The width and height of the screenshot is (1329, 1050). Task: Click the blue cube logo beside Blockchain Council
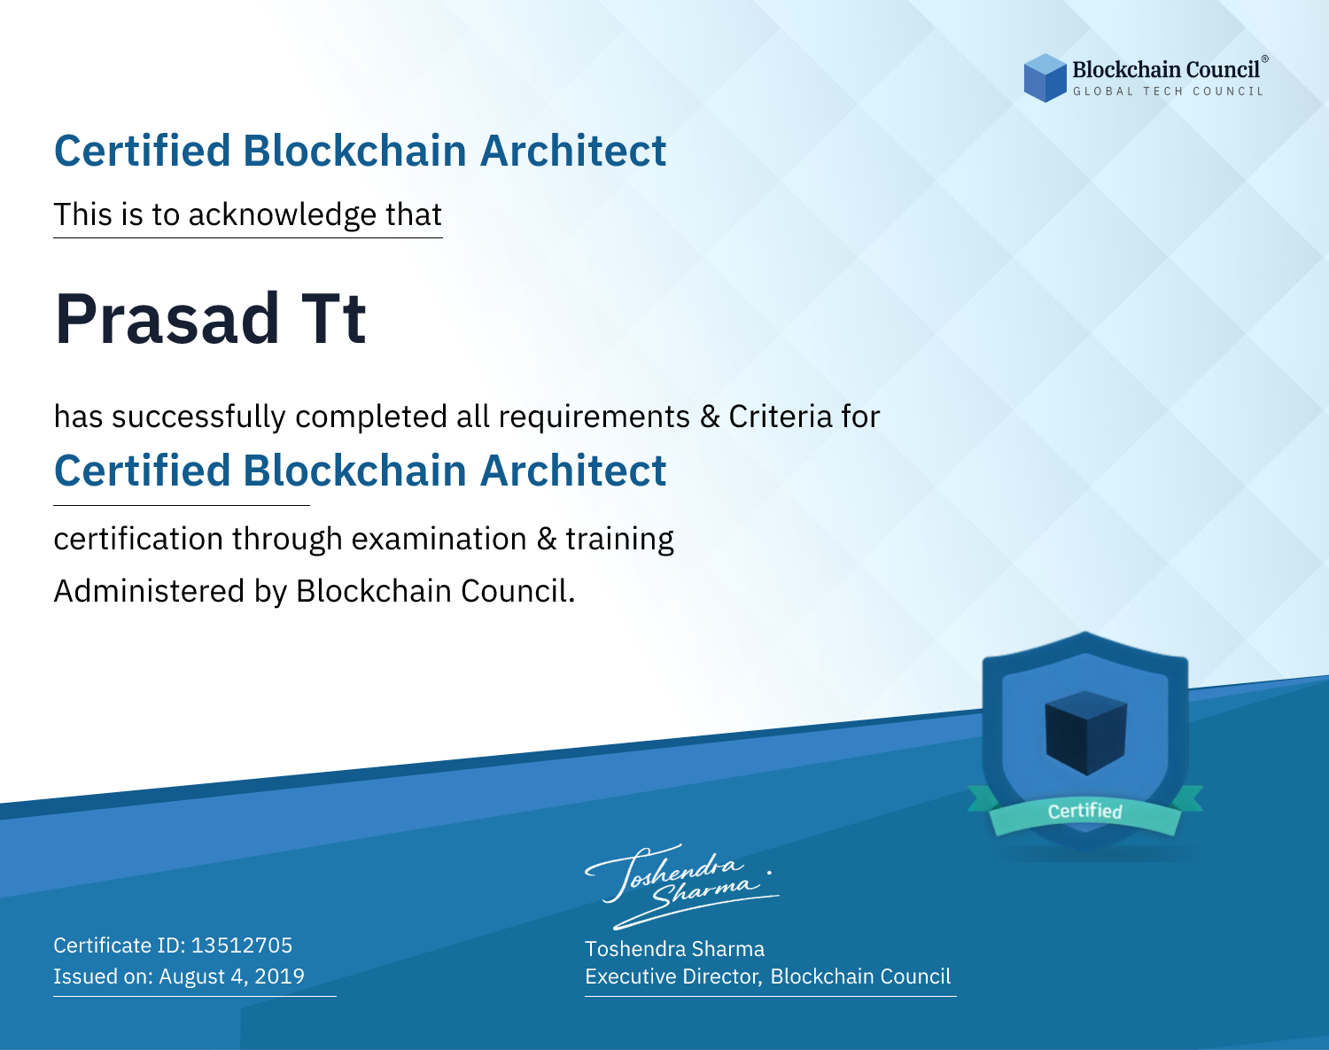[x=1045, y=78]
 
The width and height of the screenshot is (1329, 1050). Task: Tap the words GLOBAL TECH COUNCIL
[x=1169, y=91]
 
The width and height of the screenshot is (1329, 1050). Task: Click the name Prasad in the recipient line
[x=167, y=319]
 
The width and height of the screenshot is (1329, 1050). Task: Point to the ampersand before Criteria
[x=711, y=417]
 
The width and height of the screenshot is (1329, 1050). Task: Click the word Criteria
[x=780, y=416]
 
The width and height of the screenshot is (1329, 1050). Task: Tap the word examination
[x=439, y=539]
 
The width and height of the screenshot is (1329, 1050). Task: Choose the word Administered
[x=150, y=591]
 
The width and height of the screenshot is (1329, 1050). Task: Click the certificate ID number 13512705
[x=242, y=945]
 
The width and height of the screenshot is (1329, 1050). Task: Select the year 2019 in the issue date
[x=279, y=976]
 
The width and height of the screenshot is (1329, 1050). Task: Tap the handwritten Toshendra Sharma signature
[x=682, y=887]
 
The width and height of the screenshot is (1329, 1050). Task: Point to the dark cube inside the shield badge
[x=1085, y=733]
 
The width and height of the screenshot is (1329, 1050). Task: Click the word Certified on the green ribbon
[x=1085, y=811]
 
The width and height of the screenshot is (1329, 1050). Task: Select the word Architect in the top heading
[x=573, y=151]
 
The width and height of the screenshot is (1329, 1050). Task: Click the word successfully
[x=198, y=417]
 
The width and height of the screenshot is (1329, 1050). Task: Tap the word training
[x=619, y=540]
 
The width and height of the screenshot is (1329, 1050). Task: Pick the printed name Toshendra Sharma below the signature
[x=674, y=949]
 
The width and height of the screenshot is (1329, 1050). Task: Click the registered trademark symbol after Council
[x=1265, y=58]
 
